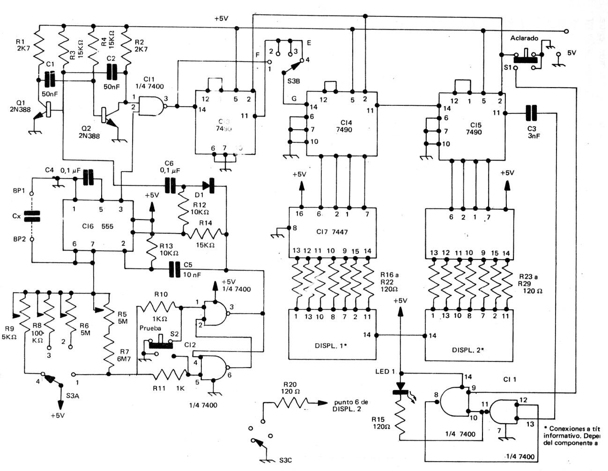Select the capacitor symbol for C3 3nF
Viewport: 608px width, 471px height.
531,113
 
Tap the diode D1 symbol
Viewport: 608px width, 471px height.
207,185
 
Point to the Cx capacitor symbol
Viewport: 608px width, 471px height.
32,216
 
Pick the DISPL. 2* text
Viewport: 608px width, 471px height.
467,350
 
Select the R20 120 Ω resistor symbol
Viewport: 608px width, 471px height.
293,402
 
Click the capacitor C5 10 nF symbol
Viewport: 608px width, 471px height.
175,269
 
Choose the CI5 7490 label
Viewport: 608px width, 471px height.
474,128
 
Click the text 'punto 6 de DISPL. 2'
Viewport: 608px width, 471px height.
351,405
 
